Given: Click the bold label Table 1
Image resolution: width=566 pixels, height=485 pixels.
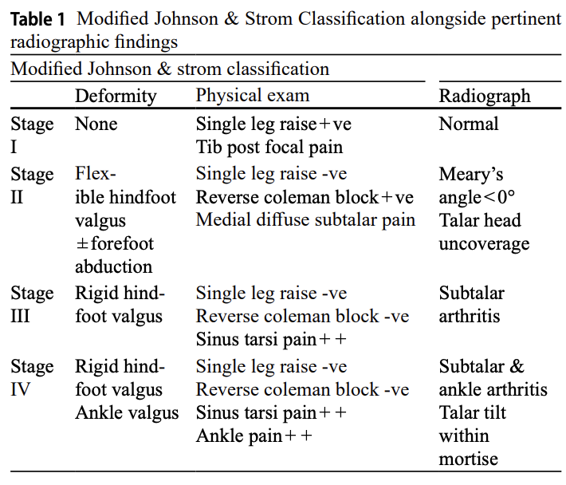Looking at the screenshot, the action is point(37,19).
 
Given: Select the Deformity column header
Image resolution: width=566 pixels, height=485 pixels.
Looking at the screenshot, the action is point(116,97).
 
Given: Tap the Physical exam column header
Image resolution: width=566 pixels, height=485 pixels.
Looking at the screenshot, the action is point(253,96).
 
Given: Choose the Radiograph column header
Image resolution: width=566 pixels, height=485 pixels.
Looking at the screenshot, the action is point(485,97).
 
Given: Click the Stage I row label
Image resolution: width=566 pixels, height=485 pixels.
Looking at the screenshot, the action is point(32,136).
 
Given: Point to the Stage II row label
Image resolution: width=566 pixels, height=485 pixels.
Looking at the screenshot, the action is point(32,186).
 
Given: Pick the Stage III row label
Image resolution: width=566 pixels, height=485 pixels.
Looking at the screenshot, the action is point(32,305).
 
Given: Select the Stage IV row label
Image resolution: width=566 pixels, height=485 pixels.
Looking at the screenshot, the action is point(32,378).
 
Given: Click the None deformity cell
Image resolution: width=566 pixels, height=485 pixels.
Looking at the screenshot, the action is point(96,124).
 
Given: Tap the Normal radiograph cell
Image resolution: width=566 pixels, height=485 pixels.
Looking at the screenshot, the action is point(469,124).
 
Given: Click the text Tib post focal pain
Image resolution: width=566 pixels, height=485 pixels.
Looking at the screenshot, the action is point(269,148).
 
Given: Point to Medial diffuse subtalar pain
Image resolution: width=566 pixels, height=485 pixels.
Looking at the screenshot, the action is point(305,220).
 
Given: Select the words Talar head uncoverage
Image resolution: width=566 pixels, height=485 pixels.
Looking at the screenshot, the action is point(484,232).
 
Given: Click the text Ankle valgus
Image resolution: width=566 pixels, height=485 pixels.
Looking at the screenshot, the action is point(127,412).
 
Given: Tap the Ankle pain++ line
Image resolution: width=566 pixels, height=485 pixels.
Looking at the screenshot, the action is point(254,436).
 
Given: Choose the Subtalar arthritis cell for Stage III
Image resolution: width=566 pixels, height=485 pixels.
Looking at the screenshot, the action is point(471,305).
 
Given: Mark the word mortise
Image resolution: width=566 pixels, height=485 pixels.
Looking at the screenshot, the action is point(469,459).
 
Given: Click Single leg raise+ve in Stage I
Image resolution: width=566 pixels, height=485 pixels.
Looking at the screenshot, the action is point(273,124).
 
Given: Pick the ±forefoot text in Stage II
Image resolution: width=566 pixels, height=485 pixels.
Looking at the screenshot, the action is point(115,243).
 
